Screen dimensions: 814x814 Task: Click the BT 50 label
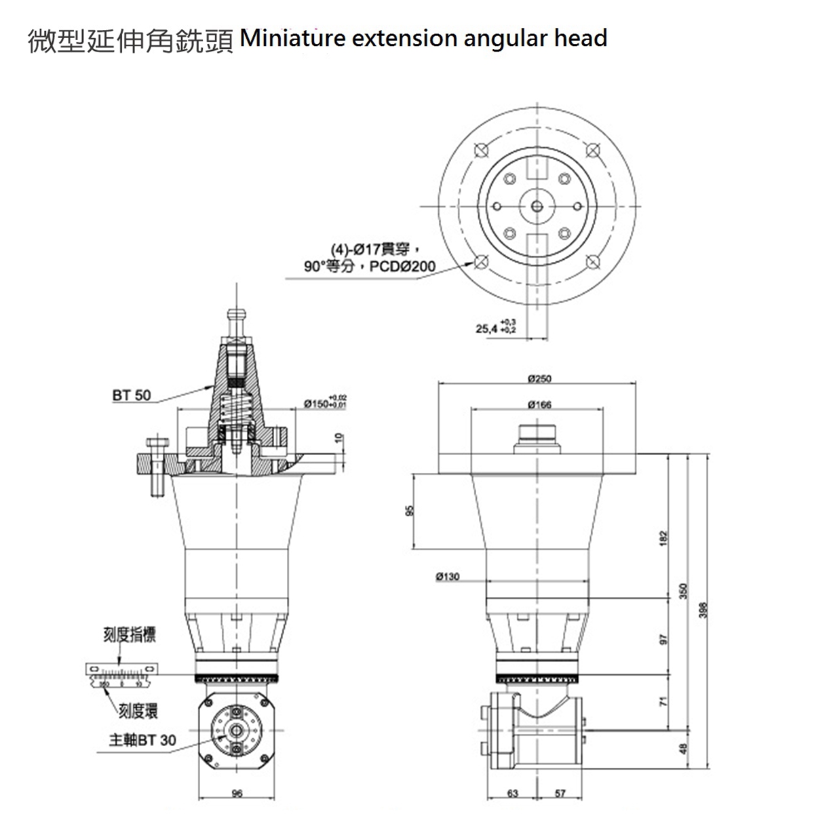(x=132, y=394)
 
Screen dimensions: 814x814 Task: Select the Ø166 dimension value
(x=539, y=404)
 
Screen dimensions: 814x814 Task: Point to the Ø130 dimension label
(x=447, y=577)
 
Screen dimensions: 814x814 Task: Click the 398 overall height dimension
(x=703, y=610)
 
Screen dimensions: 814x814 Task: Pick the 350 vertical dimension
(x=684, y=592)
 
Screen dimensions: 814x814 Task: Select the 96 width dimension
(x=237, y=793)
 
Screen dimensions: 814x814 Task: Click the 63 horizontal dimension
(x=513, y=793)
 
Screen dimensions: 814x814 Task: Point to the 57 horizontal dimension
(x=560, y=793)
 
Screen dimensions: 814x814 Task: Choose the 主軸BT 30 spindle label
(x=142, y=739)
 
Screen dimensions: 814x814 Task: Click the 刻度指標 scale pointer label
(x=129, y=635)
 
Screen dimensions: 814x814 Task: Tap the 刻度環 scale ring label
(x=138, y=710)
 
